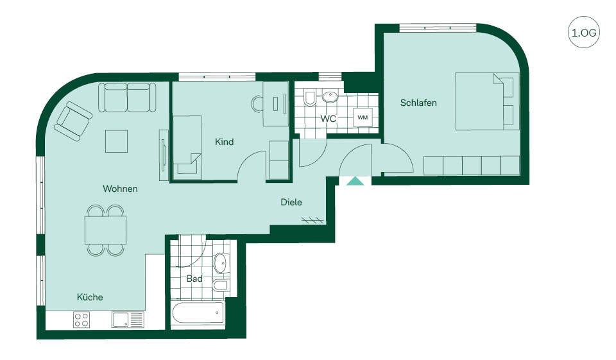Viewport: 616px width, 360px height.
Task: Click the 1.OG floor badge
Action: tap(584, 33)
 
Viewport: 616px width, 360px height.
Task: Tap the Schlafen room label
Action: tap(418, 103)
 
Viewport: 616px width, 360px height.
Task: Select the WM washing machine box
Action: tap(363, 117)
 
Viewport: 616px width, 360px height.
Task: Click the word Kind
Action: tap(225, 141)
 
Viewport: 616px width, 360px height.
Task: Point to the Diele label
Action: tap(291, 202)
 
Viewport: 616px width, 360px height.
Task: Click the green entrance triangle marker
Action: tap(355, 181)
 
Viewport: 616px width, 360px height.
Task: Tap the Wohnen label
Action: tap(120, 189)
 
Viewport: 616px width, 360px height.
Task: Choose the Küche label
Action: tap(90, 297)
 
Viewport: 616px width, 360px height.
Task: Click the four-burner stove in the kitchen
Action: tap(81, 320)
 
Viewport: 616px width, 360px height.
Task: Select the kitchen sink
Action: tap(128, 320)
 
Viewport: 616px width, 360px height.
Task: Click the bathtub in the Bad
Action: tap(198, 313)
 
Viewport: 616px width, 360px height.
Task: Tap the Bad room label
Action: tap(194, 279)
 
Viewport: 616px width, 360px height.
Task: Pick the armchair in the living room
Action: tap(73, 121)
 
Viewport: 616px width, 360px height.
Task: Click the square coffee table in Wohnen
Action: tap(116, 141)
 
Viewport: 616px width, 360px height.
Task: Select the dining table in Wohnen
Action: tap(106, 230)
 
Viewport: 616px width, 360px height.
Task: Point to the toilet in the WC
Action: tap(309, 98)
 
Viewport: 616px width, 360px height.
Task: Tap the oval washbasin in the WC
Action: tap(330, 97)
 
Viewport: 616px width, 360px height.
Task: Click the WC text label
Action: tap(328, 118)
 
